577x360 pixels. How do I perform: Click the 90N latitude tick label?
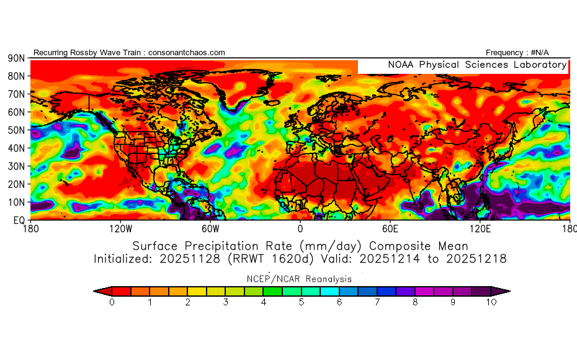point(16,58)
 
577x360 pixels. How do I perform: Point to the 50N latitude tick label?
point(16,130)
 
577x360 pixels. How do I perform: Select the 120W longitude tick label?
point(120,228)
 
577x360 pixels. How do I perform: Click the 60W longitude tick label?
point(210,228)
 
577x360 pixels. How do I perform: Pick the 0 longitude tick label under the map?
point(300,228)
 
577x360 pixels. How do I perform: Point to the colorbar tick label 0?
point(112,302)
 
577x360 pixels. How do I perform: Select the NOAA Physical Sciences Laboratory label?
point(476,65)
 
